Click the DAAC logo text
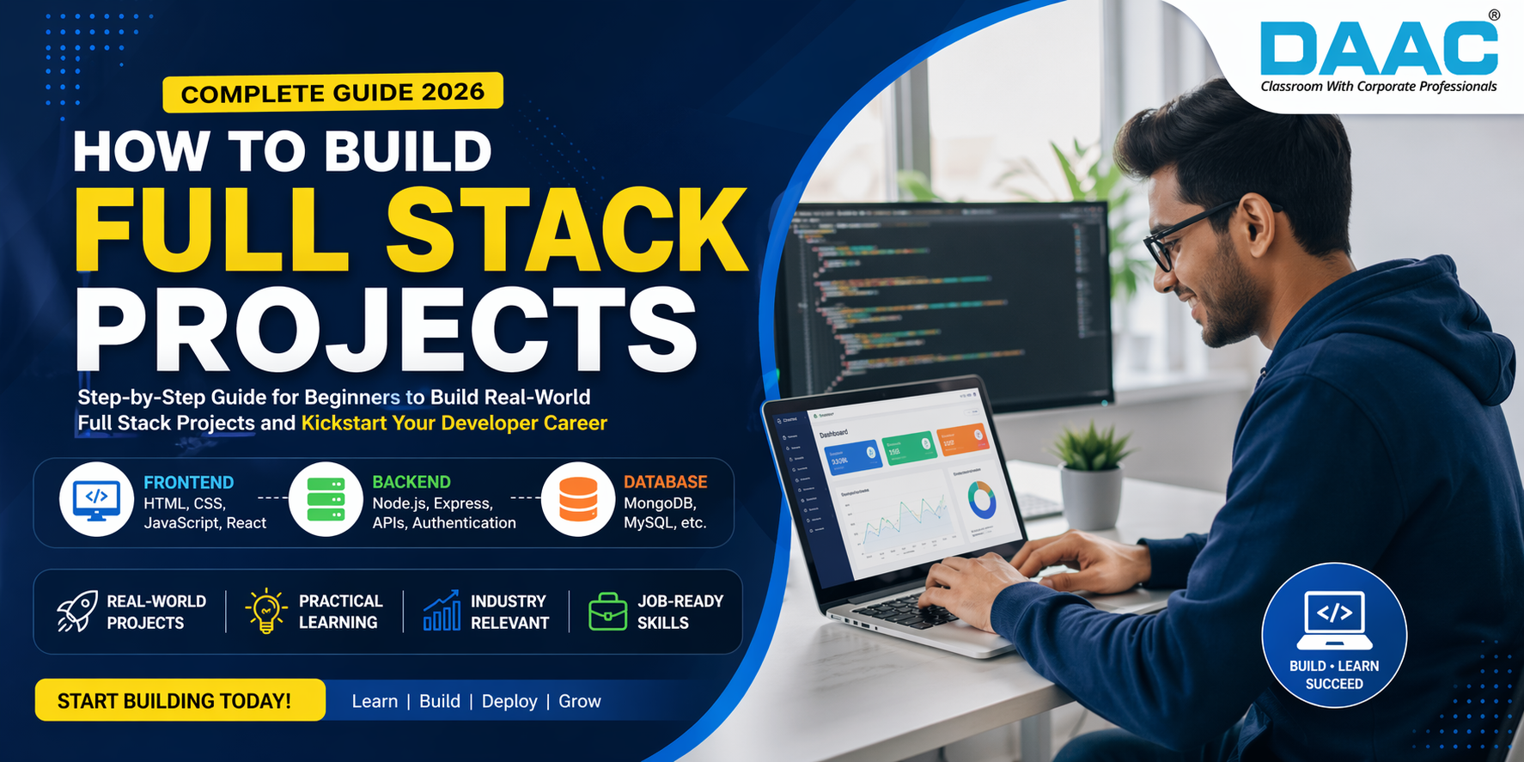(1378, 49)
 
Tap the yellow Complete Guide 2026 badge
(332, 93)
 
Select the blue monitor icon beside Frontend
(96, 499)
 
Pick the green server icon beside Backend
(326, 499)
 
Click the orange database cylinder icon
(578, 499)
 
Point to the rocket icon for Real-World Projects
(76, 611)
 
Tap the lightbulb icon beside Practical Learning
(266, 611)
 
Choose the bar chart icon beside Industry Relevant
(442, 611)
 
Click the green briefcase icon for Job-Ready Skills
(607, 612)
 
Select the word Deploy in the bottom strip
(509, 702)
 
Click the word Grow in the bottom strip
(580, 702)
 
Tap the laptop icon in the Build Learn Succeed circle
(1334, 619)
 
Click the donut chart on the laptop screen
(981, 499)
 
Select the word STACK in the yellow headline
(566, 230)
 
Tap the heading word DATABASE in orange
(666, 482)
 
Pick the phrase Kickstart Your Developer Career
(454, 424)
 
